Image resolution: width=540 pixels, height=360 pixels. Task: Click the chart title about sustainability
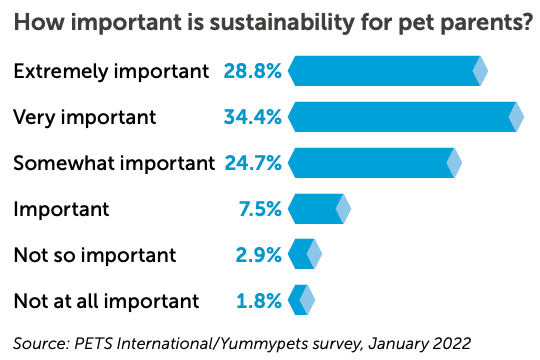[270, 22]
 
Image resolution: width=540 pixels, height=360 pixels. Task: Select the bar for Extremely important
[385, 71]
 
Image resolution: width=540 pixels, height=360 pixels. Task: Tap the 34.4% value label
[252, 117]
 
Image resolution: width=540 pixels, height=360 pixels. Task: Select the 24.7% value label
[252, 162]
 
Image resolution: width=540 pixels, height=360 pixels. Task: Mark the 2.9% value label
[257, 255]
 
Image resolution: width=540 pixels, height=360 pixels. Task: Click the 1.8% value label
[258, 300]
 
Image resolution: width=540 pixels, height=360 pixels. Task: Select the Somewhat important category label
[114, 162]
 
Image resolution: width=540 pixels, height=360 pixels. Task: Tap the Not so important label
[94, 255]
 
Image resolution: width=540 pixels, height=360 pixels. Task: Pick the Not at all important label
[106, 300]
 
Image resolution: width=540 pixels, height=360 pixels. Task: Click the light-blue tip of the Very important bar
[516, 117]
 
